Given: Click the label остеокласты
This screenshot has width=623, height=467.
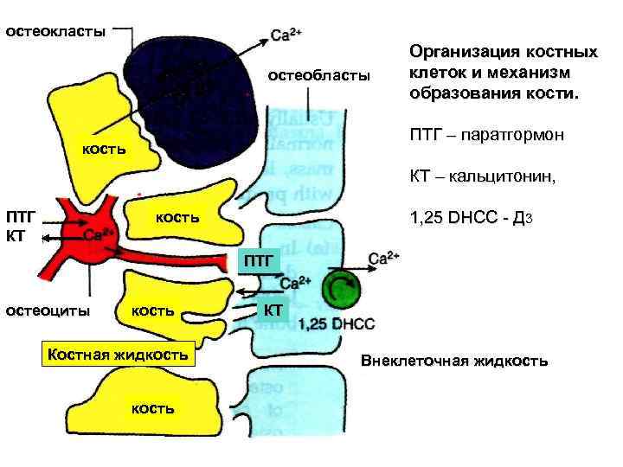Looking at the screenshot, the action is (x=56, y=32).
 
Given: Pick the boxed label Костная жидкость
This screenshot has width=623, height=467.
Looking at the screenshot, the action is (x=119, y=355).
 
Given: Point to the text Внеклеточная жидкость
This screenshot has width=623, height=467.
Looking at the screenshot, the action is (x=454, y=361).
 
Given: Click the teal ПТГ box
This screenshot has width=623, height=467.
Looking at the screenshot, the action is (x=258, y=259).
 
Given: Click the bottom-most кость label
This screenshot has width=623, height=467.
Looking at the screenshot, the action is (x=152, y=406).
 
